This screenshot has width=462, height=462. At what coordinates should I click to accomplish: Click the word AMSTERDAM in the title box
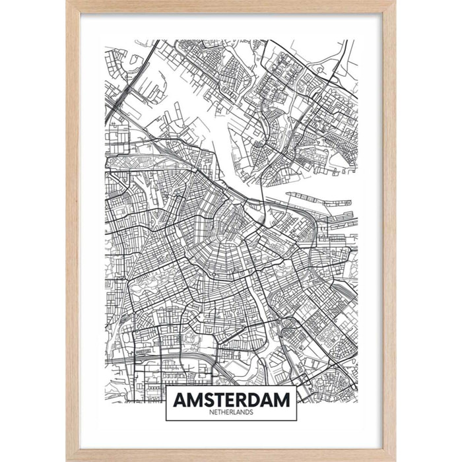[230, 399]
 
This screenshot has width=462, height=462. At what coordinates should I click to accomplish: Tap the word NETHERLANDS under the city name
[230, 412]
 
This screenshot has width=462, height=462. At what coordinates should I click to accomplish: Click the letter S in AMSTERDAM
[205, 399]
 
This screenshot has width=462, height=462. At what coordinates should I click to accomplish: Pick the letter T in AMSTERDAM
[216, 399]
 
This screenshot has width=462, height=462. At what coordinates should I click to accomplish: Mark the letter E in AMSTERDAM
[228, 399]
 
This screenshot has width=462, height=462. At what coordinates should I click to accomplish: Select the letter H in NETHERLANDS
[222, 412]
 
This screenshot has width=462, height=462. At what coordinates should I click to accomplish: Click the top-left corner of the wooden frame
[67, 2]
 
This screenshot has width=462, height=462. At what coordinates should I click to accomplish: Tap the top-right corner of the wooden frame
[395, 2]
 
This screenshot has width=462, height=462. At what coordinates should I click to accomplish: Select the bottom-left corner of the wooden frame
[67, 459]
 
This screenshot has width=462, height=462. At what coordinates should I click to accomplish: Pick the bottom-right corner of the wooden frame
[395, 459]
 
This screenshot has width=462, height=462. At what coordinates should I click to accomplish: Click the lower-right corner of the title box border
[296, 420]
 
